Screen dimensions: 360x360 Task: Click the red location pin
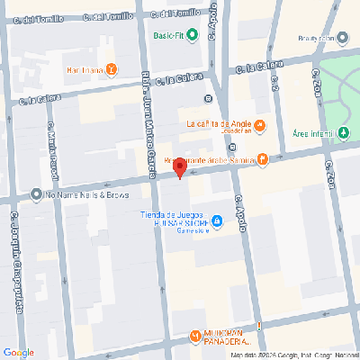tap(179, 167)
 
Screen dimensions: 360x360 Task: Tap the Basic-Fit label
tap(175, 36)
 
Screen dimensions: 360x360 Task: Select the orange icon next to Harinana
tap(111, 69)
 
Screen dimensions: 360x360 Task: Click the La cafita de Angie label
tap(218, 123)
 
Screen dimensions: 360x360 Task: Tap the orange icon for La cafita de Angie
tap(259, 124)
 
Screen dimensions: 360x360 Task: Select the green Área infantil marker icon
tap(343, 132)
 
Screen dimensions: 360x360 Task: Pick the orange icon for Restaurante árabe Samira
tap(262, 159)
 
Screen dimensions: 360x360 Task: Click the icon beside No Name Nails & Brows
tap(35, 193)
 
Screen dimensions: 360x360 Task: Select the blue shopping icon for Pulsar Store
tap(217, 222)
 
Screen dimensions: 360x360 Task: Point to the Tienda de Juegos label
tap(175, 214)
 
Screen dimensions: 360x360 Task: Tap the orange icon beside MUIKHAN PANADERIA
tap(195, 337)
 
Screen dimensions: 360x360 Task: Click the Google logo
tap(19, 351)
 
